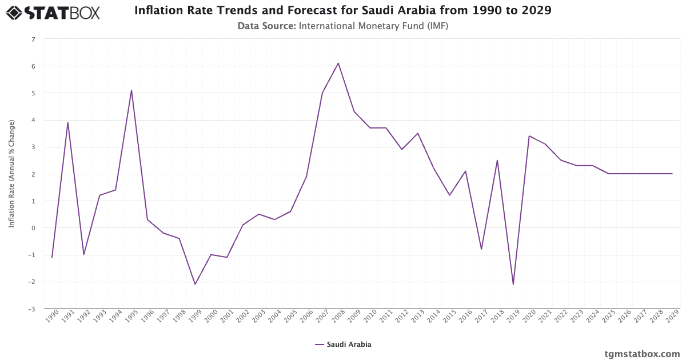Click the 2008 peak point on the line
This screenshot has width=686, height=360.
pyautogui.click(x=338, y=63)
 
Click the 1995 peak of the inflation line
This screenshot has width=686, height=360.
pyautogui.click(x=131, y=90)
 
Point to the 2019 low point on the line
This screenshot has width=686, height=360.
pyautogui.click(x=513, y=284)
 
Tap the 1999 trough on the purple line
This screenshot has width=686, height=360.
pyautogui.click(x=195, y=284)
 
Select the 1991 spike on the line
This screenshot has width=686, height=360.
pyautogui.click(x=68, y=122)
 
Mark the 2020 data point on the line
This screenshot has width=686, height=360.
pyautogui.click(x=529, y=136)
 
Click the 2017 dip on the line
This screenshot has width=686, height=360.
pyautogui.click(x=481, y=249)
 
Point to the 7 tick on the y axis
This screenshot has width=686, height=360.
pyautogui.click(x=33, y=39)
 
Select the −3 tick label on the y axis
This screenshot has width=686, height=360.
pyautogui.click(x=32, y=309)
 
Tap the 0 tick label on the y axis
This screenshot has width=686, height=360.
pyautogui.click(x=33, y=228)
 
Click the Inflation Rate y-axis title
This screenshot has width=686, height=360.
pyautogui.click(x=11, y=174)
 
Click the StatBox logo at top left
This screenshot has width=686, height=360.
pyautogui.click(x=53, y=13)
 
